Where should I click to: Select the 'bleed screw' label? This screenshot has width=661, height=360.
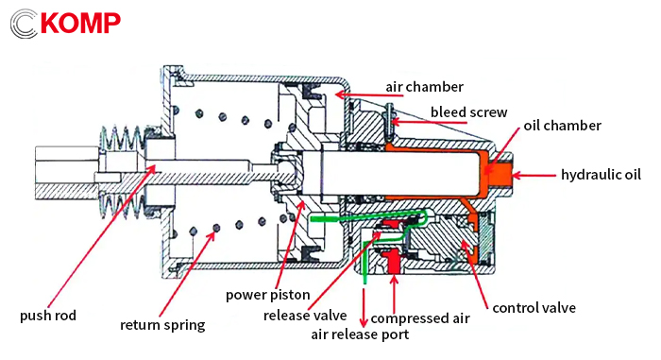(469, 111)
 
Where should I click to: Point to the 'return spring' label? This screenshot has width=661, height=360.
(162, 326)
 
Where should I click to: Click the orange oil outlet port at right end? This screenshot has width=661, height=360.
(502, 173)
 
